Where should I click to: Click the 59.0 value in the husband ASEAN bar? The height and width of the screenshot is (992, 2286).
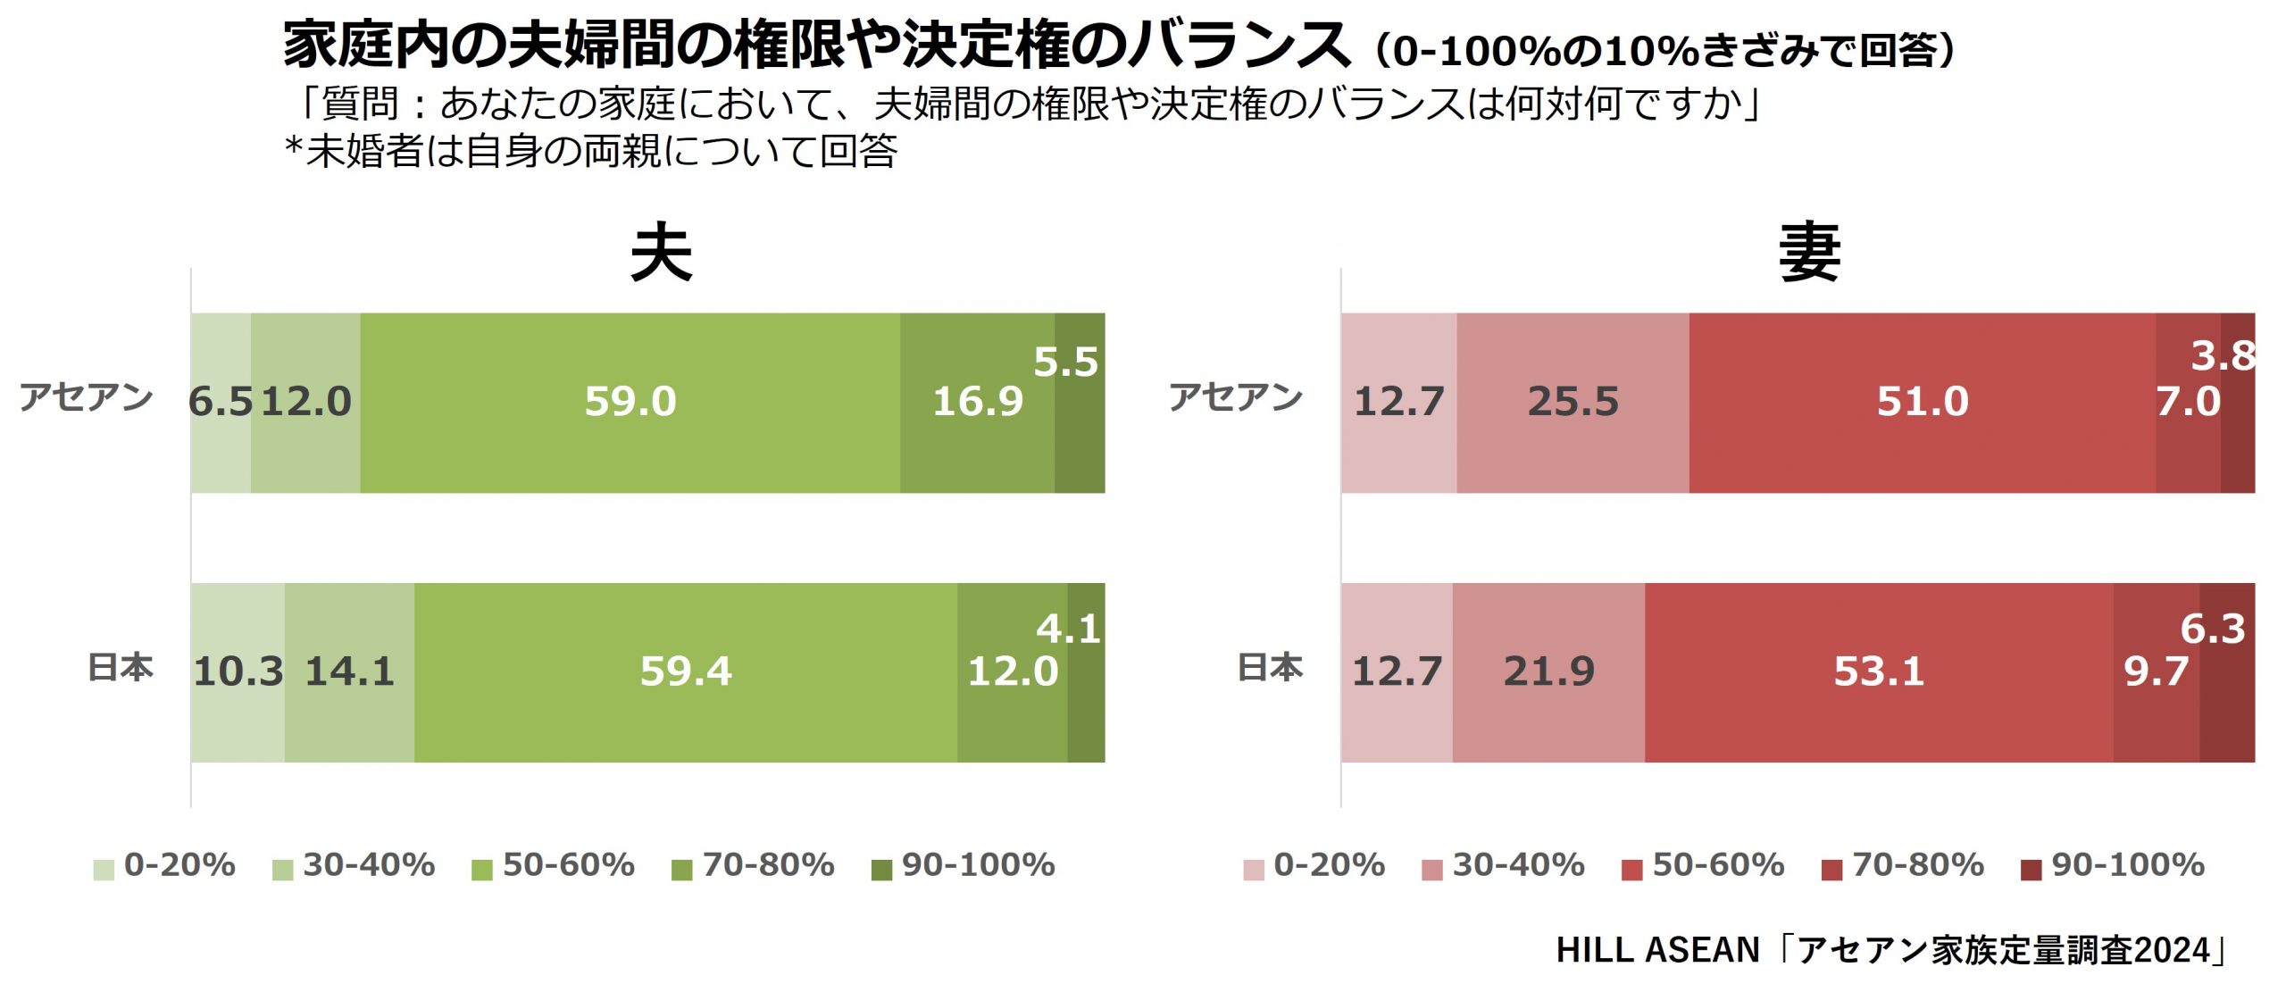point(630,402)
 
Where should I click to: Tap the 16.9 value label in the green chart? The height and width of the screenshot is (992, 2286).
point(978,402)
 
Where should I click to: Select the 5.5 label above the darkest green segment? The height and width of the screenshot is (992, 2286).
point(1065,362)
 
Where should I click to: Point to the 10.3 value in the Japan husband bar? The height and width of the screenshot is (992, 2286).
point(238,671)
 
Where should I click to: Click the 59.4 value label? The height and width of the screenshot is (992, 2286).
point(686,671)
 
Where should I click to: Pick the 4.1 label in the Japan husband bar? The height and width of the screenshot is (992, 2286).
point(1068,629)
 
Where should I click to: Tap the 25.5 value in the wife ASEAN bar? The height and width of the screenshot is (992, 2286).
point(1573,402)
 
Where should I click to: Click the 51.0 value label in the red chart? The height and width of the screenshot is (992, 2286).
point(1922,402)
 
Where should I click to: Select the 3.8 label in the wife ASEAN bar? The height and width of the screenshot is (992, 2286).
point(2223,356)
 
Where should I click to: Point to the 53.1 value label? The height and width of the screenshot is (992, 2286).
point(1878,671)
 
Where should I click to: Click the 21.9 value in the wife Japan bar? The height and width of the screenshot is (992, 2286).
point(1548,671)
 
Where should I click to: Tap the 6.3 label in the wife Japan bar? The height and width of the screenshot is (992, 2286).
point(2213,629)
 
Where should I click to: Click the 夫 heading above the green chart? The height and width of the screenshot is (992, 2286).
point(661,254)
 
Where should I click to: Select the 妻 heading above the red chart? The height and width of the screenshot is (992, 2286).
point(1809,254)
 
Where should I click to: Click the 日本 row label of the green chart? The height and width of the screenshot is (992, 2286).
point(121,668)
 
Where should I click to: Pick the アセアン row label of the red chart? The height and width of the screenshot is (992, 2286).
point(1236,397)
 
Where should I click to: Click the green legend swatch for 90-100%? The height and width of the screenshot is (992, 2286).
point(881,870)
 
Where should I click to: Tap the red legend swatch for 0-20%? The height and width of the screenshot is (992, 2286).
point(1253,870)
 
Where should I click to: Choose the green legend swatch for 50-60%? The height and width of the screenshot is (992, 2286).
point(482,870)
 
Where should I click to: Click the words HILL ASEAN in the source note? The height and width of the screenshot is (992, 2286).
point(1657,950)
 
